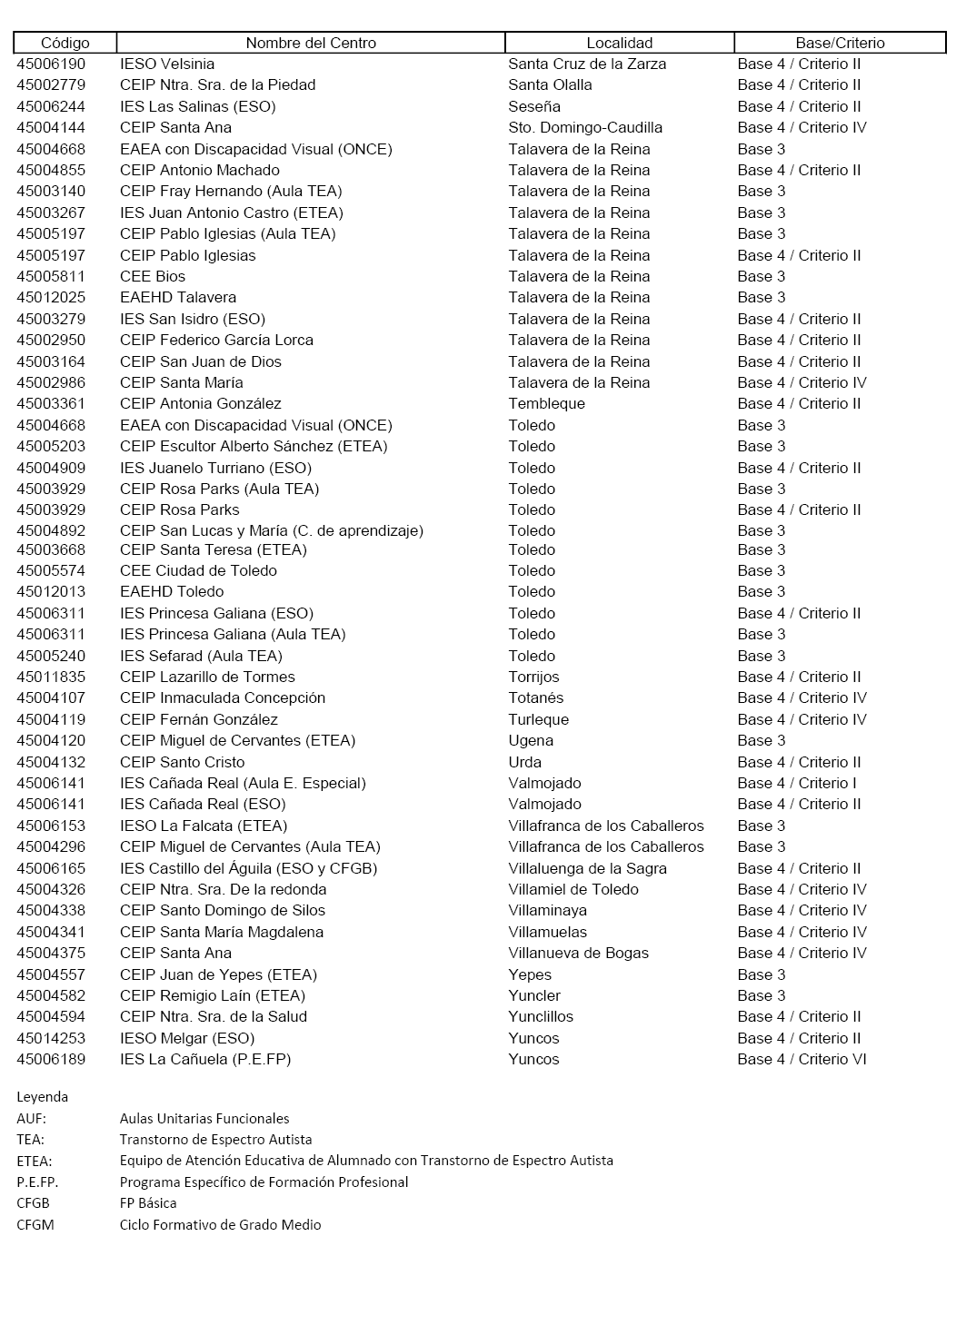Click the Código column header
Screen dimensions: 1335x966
(x=65, y=43)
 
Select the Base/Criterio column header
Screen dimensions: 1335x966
(x=840, y=43)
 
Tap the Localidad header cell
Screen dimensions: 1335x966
(x=619, y=43)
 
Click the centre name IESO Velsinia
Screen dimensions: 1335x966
(x=167, y=64)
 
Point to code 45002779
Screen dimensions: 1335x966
(x=51, y=84)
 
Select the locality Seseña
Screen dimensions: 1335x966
(x=534, y=106)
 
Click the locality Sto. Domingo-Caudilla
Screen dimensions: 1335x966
(x=585, y=127)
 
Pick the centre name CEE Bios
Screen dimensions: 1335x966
(x=153, y=276)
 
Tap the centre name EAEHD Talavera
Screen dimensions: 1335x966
(x=178, y=297)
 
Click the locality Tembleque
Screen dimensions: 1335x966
(x=546, y=403)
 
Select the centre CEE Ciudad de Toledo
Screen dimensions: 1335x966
(x=198, y=570)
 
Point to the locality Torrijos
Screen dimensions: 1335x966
(x=533, y=677)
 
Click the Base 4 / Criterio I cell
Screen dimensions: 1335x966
(x=797, y=783)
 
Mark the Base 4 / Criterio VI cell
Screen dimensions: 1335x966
(x=802, y=1059)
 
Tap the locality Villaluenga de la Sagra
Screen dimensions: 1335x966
(x=587, y=868)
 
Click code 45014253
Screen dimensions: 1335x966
(x=51, y=1038)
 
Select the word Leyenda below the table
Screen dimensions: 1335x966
(x=42, y=1096)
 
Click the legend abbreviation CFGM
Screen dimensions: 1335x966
(x=35, y=1224)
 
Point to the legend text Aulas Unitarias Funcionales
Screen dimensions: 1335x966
(x=204, y=1118)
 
